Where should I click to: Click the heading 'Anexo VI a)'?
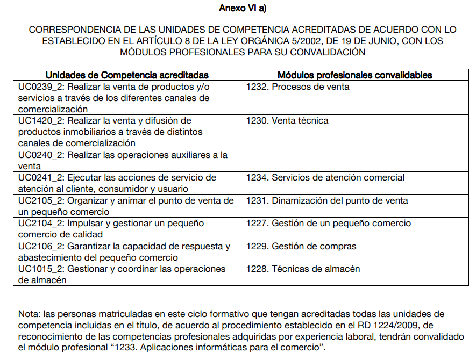pyautogui.click(x=243, y=8)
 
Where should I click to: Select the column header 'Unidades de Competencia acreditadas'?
pyautogui.click(x=127, y=75)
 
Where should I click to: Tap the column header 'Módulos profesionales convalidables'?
pyautogui.click(x=355, y=75)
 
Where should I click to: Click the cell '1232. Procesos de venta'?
pyautogui.click(x=297, y=87)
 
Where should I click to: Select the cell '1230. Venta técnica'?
pyautogui.click(x=287, y=121)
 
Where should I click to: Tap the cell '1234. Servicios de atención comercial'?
pyautogui.click(x=325, y=178)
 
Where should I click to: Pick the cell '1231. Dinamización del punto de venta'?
pyautogui.click(x=327, y=201)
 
